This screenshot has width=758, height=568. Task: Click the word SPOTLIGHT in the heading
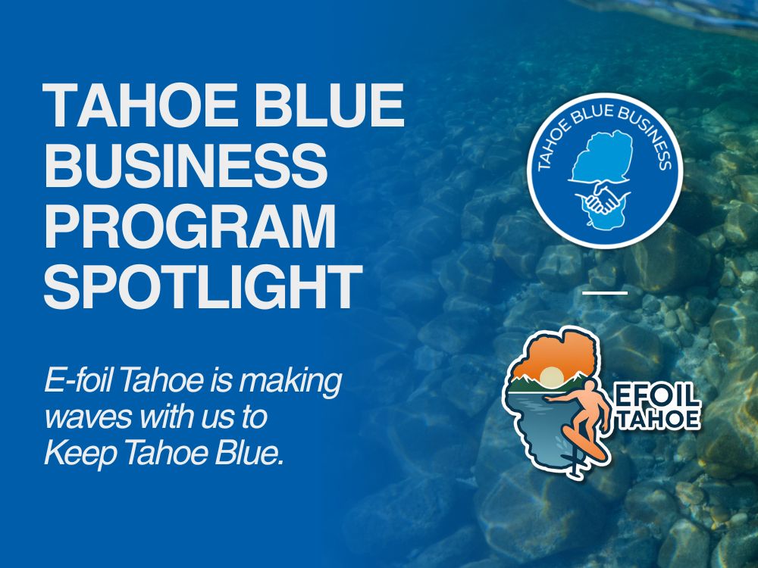pos(203,287)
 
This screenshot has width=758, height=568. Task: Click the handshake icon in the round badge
pos(603,197)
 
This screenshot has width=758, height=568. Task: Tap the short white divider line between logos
pos(605,292)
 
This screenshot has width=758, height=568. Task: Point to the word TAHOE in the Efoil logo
pos(659,420)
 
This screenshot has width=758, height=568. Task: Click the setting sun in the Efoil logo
pos(550,376)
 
